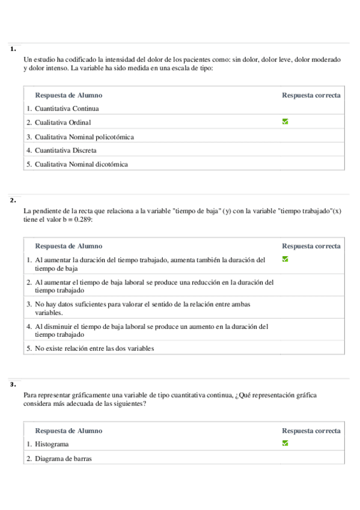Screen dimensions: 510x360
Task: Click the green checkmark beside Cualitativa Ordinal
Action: point(285,121)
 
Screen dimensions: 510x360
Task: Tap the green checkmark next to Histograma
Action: point(285,443)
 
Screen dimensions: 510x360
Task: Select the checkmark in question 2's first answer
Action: point(285,259)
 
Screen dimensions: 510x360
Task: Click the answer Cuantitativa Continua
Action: point(67,109)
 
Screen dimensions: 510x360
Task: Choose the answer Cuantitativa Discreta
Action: point(66,150)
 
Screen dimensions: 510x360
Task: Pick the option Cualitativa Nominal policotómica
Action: point(84,137)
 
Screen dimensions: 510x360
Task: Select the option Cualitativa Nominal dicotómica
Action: point(81,164)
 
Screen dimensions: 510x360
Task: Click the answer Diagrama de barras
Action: point(63,458)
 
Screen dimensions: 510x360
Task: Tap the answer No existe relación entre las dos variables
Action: point(94,348)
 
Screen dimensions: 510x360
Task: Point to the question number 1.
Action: point(13,50)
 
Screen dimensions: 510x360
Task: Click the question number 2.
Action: point(13,200)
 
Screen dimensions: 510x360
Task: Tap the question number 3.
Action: point(13,385)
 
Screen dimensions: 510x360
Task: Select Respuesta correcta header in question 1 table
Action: point(311,95)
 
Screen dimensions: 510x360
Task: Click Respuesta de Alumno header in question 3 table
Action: point(69,431)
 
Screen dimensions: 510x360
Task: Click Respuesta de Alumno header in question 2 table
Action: point(69,246)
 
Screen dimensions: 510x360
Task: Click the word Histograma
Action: point(52,444)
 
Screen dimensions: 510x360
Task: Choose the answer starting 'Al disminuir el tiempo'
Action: point(150,330)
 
